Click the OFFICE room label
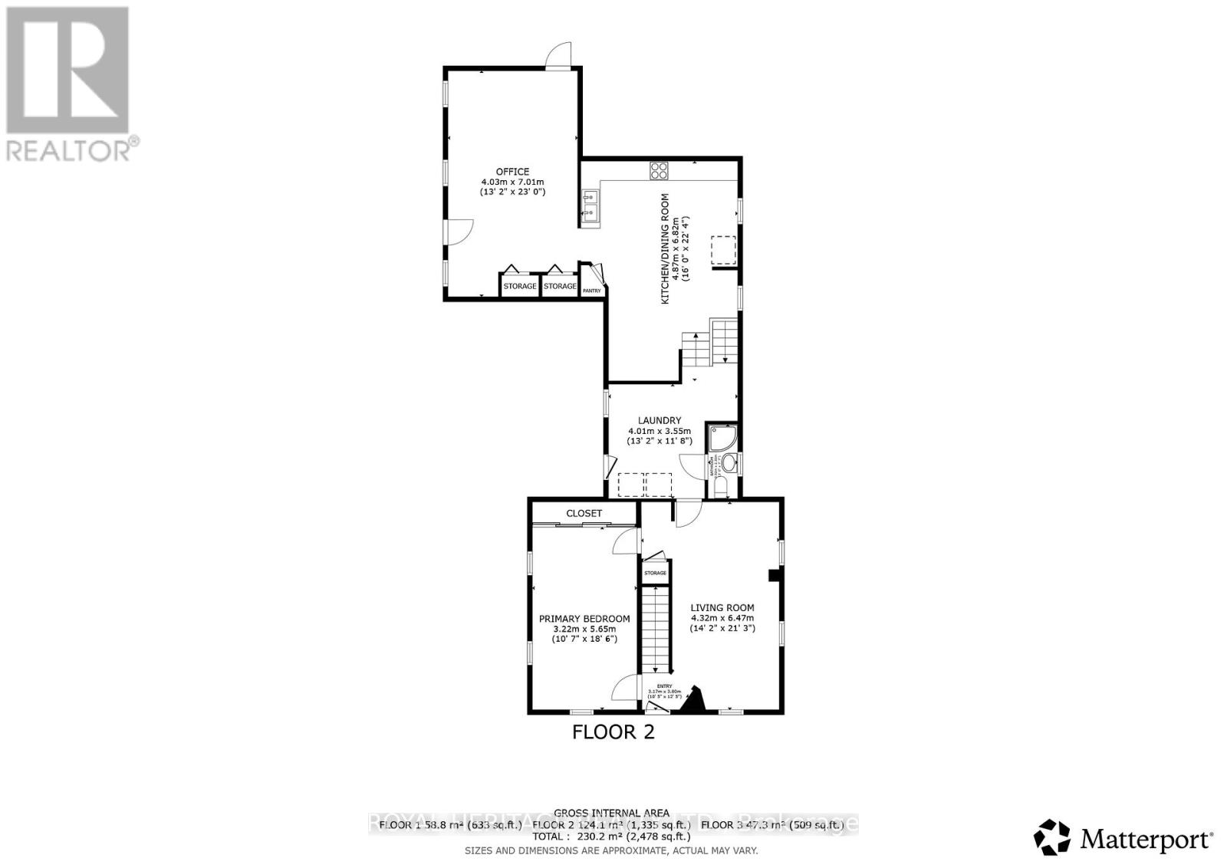(512, 172)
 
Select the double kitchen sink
(590, 209)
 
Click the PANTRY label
(592, 291)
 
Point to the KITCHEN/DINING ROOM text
(665, 248)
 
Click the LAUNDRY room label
(659, 420)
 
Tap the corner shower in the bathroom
(723, 438)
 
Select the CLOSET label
(584, 513)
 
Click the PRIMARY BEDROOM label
(584, 619)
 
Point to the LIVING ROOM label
(722, 607)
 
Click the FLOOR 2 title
(613, 732)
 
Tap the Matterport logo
(1123, 838)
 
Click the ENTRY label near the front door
(663, 686)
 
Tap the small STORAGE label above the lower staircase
(655, 573)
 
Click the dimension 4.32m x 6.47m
(722, 618)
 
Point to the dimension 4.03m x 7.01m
(512, 182)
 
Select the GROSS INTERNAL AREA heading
(612, 813)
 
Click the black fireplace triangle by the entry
(696, 701)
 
